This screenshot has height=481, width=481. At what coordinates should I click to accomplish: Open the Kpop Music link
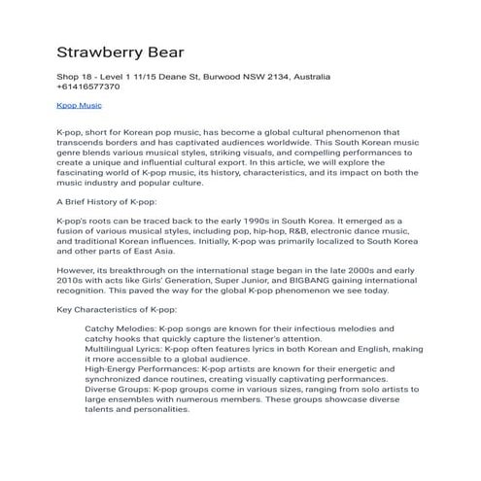click(x=81, y=105)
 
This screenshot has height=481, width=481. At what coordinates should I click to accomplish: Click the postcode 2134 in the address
click(x=267, y=76)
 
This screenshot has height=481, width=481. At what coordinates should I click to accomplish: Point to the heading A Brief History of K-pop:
click(x=107, y=201)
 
